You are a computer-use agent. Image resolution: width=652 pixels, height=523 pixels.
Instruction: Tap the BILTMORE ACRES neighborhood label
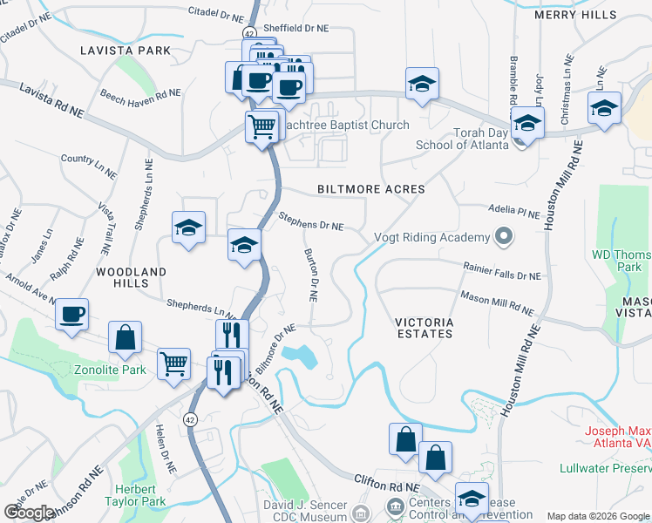click(x=370, y=189)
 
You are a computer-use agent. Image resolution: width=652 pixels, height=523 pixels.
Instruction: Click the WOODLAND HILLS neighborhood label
click(x=131, y=278)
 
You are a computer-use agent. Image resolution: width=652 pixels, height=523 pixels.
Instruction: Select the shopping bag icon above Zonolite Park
click(x=126, y=337)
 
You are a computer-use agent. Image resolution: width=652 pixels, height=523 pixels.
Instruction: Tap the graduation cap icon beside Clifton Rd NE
click(x=472, y=499)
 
